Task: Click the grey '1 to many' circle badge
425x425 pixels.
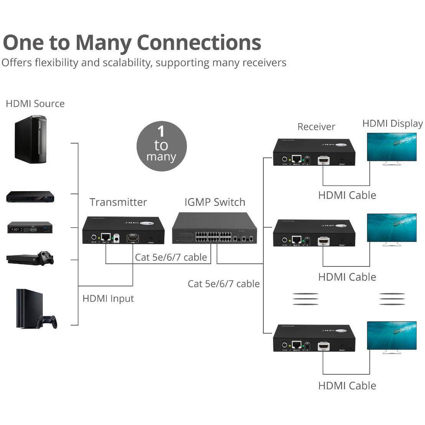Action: [161, 146]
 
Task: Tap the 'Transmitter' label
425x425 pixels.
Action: [118, 202]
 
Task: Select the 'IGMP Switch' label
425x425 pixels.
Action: [215, 202]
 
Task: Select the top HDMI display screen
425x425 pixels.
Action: [392, 147]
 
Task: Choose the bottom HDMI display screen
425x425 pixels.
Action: [392, 335]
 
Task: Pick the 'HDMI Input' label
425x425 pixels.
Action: [108, 298]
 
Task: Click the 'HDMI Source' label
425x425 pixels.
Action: [35, 104]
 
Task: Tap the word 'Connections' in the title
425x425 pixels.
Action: [199, 42]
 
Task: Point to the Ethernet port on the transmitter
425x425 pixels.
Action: [106, 237]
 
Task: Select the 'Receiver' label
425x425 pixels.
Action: [316, 127]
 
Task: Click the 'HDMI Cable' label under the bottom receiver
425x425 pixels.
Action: [347, 385]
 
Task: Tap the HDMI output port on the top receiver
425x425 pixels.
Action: [323, 160]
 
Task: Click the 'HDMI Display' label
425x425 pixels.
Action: [392, 124]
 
